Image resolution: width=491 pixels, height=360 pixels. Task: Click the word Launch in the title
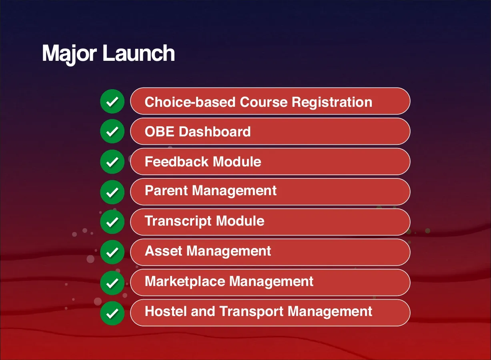pos(139,53)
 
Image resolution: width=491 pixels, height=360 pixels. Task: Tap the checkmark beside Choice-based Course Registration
pos(112,102)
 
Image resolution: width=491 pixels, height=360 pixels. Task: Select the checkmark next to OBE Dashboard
pos(112,131)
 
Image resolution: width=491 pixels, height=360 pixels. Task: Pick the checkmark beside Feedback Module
pos(112,162)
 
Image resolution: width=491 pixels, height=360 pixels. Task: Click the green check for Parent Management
pos(112,192)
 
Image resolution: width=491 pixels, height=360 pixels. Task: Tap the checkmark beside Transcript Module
pos(112,222)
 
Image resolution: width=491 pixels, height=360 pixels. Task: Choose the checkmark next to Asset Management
pos(112,252)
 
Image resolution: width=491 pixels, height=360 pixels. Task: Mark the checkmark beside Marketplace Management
pos(112,282)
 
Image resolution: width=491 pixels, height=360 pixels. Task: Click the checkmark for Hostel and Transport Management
pos(112,312)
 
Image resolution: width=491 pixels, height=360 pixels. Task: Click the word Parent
pos(166,190)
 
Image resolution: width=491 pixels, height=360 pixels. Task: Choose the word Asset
pos(163,251)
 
